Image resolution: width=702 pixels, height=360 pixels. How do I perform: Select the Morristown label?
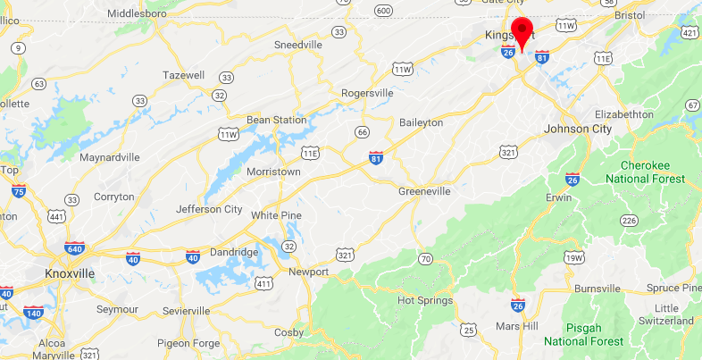[272, 172]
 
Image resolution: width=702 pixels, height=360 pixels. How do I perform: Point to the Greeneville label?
[424, 191]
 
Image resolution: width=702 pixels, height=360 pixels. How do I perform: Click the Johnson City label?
[579, 129]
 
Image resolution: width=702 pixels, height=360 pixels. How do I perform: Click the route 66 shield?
[362, 132]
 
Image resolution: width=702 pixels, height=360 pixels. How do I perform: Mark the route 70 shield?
[425, 259]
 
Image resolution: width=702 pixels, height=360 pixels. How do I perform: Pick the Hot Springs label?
[425, 301]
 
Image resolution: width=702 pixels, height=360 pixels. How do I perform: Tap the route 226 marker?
[629, 220]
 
